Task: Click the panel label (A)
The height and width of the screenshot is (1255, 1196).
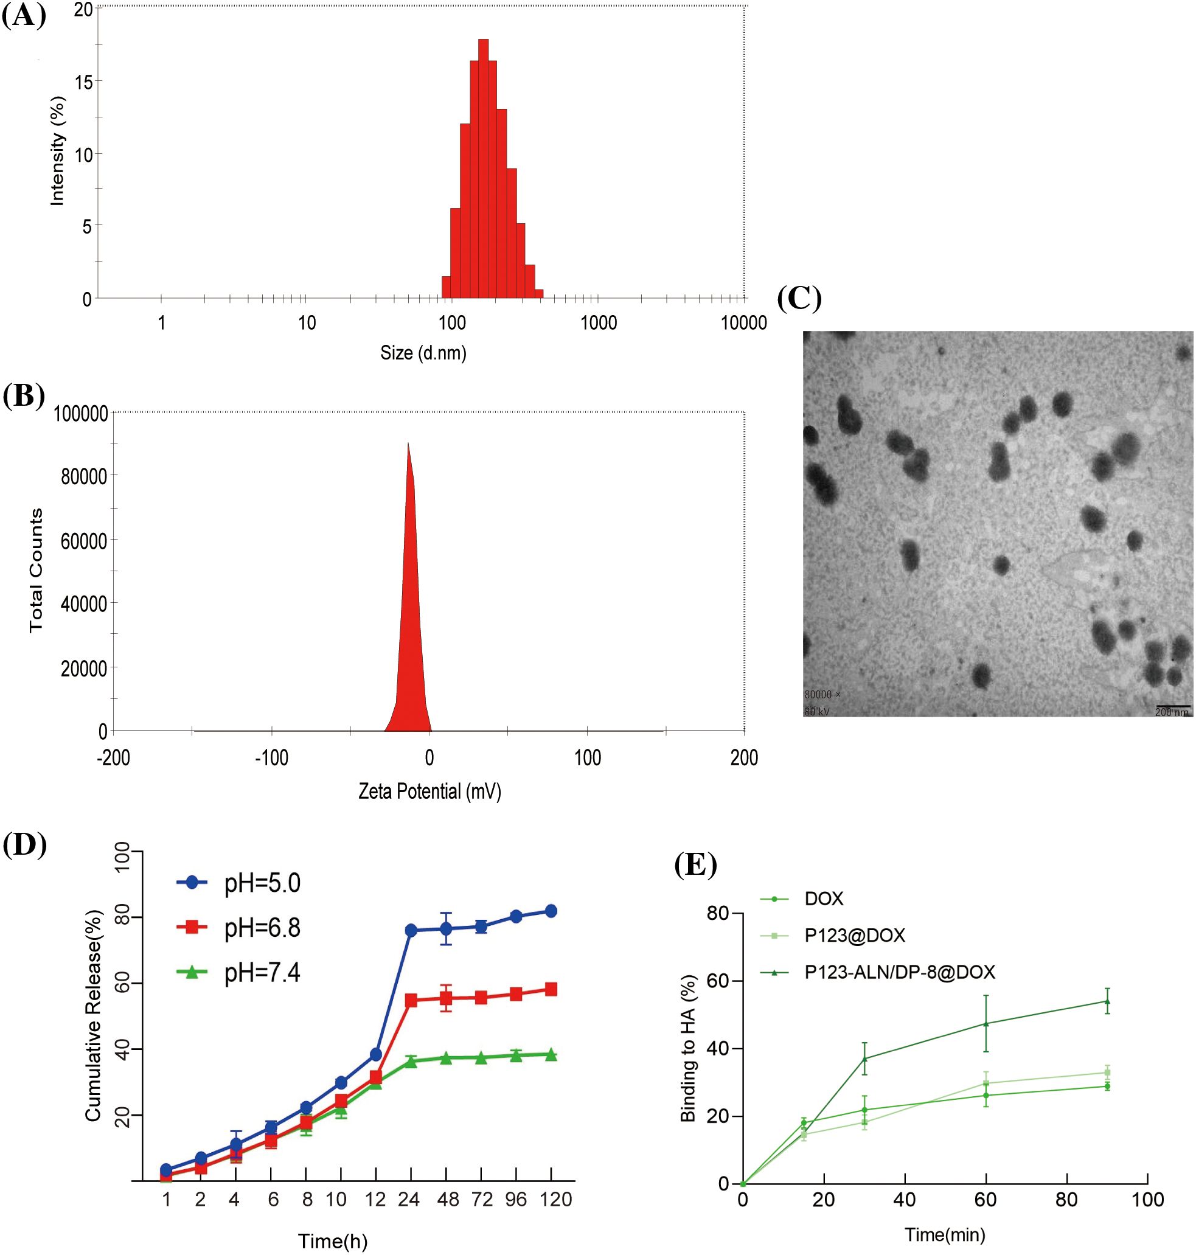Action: [x=24, y=15]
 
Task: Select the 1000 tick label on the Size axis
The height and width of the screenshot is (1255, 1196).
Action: [x=598, y=322]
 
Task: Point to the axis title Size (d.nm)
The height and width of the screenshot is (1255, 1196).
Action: [x=423, y=352]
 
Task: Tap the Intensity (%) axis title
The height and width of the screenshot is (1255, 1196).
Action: [x=57, y=151]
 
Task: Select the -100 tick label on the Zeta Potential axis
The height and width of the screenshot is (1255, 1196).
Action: [x=271, y=758]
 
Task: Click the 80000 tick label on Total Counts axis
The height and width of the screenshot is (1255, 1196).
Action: [x=83, y=477]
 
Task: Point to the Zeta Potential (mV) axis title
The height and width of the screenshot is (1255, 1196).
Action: [x=429, y=791]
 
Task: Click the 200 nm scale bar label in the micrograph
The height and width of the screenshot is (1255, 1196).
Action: [x=1171, y=712]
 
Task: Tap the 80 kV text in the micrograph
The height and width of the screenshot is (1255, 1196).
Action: [x=816, y=711]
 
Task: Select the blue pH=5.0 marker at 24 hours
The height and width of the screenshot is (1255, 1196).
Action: [x=411, y=931]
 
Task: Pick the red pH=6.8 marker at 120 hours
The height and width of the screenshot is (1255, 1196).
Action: [x=551, y=989]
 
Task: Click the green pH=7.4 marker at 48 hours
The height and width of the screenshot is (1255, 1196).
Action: [x=446, y=1058]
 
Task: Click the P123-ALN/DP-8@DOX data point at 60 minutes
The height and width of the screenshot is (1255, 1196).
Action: [x=986, y=1024]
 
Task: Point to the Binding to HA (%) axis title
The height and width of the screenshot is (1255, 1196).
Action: [x=688, y=1049]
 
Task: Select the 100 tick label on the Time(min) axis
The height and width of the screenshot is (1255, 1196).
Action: [x=1147, y=1200]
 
